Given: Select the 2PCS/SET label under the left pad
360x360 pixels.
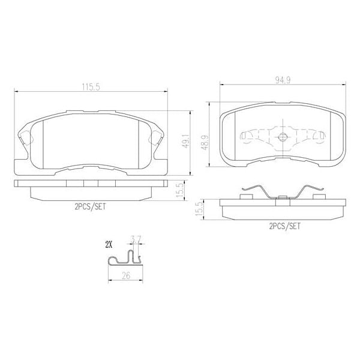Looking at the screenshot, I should pos(90,206).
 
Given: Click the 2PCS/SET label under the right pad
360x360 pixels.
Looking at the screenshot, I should pos(284,226).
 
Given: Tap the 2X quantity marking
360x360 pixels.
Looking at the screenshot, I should pos(109,244).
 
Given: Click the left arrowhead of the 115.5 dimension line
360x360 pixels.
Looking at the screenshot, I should pos(16,91).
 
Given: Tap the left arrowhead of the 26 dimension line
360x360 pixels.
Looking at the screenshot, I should pos(109,281).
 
